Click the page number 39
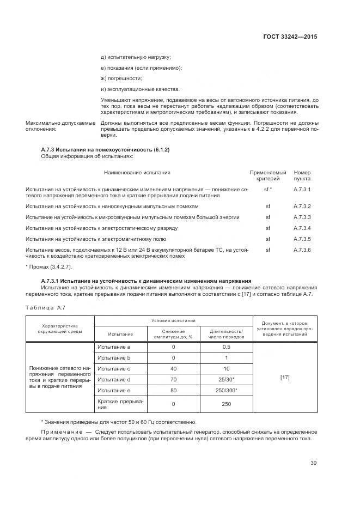313,463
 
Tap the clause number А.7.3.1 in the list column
302,189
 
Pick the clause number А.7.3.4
302,228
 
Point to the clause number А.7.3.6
302,250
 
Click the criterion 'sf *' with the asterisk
267,189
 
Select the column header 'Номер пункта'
302,175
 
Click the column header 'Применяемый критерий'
267,175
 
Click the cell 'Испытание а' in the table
114,347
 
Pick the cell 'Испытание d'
114,379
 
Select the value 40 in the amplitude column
173,368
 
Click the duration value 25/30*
227,379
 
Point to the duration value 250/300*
227,390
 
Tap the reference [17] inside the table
284,377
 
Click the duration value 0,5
227,347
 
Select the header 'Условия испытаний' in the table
174,321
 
